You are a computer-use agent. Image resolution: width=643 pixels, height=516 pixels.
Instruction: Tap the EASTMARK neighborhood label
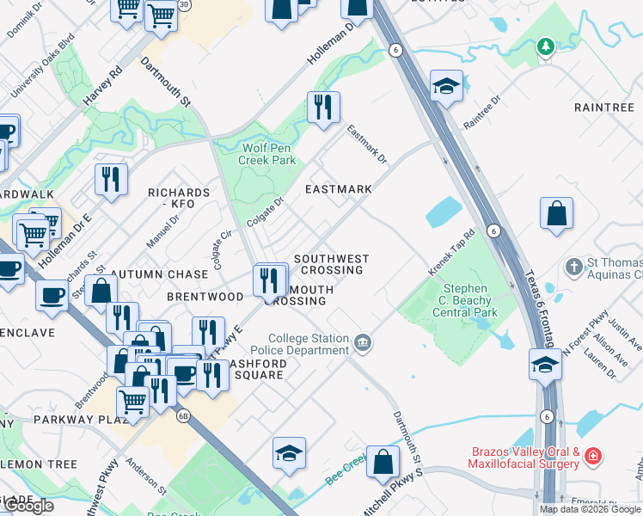339,189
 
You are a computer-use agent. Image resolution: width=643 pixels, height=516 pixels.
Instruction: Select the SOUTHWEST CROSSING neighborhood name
331,264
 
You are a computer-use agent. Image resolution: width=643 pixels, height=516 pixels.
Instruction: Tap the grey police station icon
363,344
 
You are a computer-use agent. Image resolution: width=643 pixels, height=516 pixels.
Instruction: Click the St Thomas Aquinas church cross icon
574,267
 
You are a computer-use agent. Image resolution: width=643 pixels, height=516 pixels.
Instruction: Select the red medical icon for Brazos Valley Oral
592,455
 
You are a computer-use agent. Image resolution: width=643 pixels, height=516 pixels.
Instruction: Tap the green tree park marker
544,46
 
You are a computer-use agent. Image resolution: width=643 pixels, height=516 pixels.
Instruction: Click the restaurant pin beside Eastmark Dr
323,107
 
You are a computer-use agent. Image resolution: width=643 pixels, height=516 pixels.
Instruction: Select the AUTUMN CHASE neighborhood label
169,274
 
